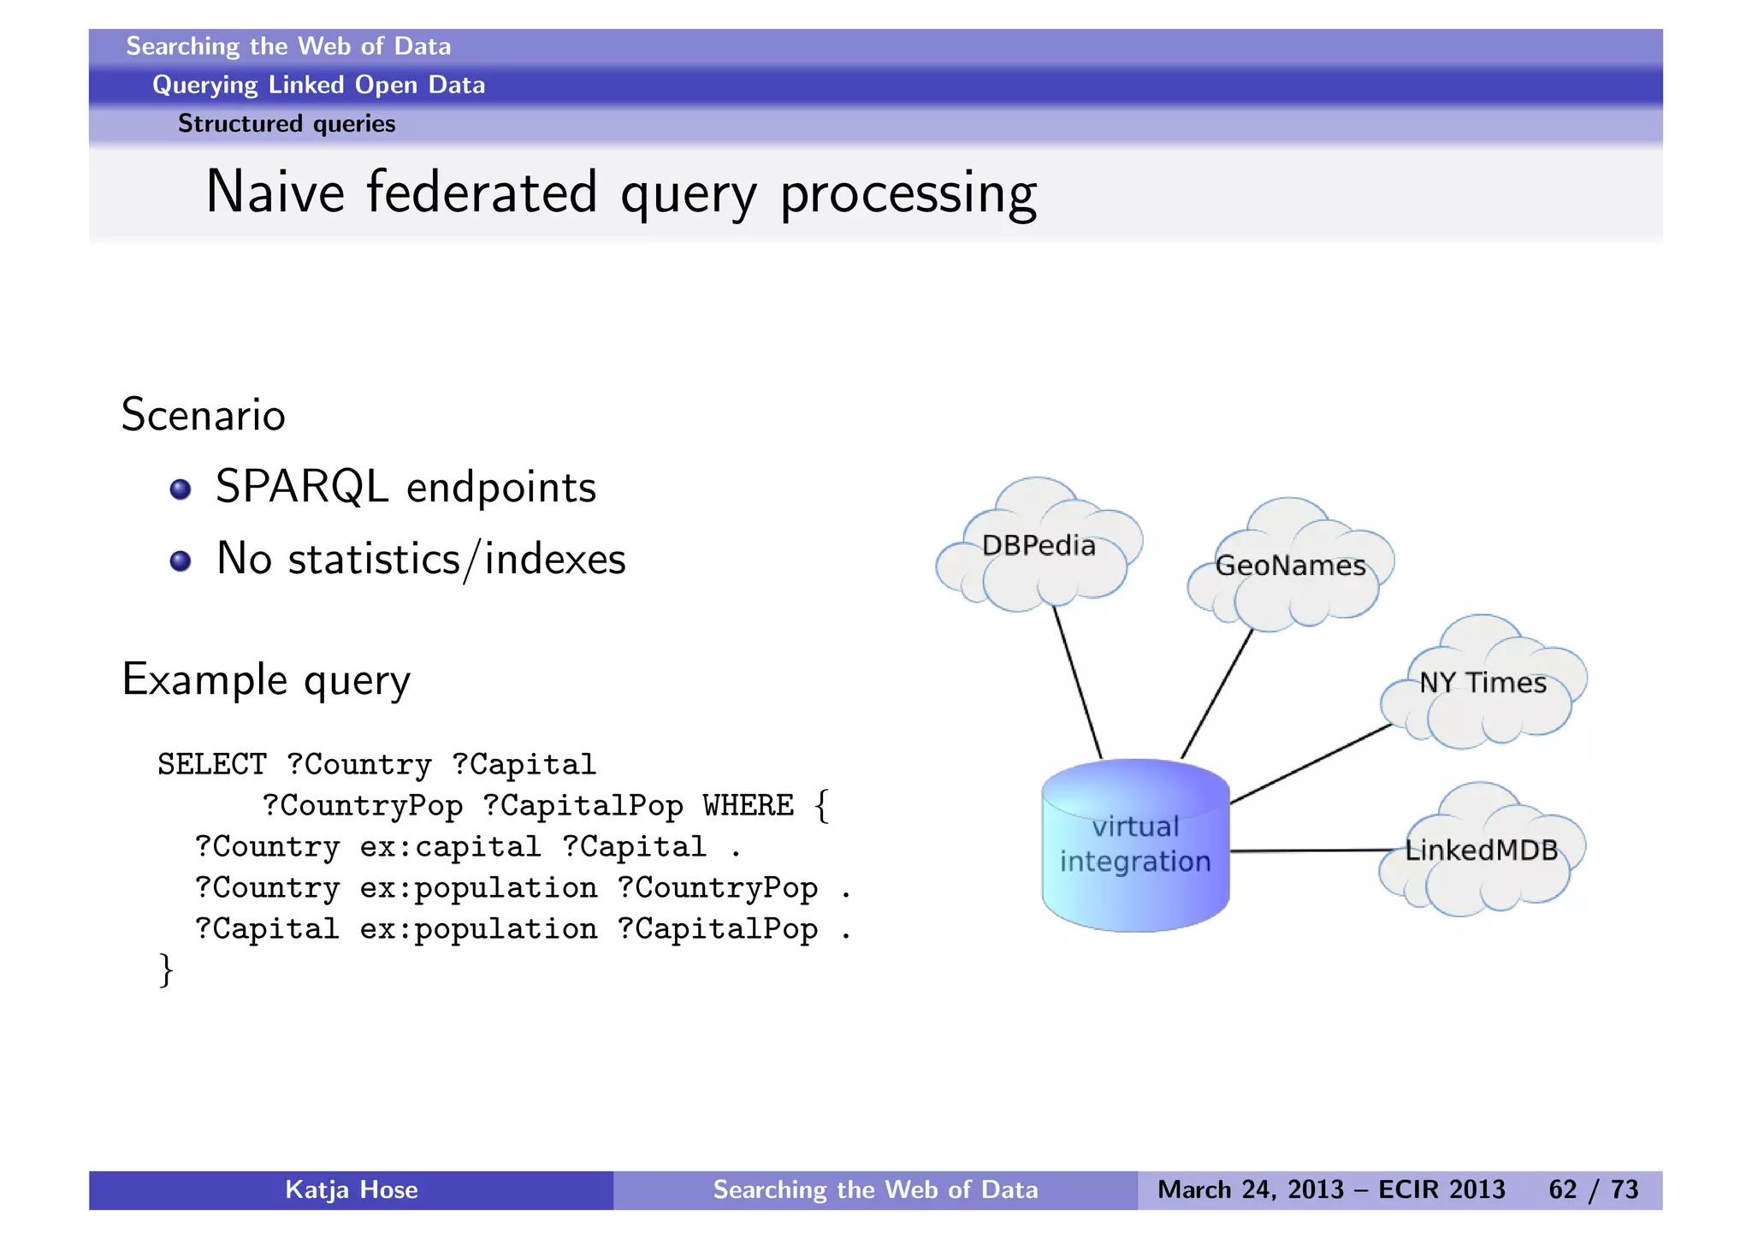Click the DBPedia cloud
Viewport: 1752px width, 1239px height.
pos(1039,548)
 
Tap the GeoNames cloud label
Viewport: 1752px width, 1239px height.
pos(1290,566)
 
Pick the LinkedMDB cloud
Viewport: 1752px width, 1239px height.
pos(1482,851)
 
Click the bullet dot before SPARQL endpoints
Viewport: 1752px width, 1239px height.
pos(180,489)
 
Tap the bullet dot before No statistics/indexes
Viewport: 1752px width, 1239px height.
pos(180,561)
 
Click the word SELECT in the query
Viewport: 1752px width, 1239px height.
pos(211,764)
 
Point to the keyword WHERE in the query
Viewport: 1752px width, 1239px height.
pos(748,805)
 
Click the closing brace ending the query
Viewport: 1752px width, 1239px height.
pos(166,970)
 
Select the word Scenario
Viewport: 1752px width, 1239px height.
pos(203,415)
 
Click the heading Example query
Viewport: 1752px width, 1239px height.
pos(266,680)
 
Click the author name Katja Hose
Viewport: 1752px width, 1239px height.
pos(351,1189)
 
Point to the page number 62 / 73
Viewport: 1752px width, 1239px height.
pos(1593,1189)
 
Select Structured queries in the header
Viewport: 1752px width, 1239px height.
pos(287,124)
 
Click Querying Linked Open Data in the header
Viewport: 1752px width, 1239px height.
pos(318,85)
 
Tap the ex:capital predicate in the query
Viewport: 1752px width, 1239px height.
pos(450,846)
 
